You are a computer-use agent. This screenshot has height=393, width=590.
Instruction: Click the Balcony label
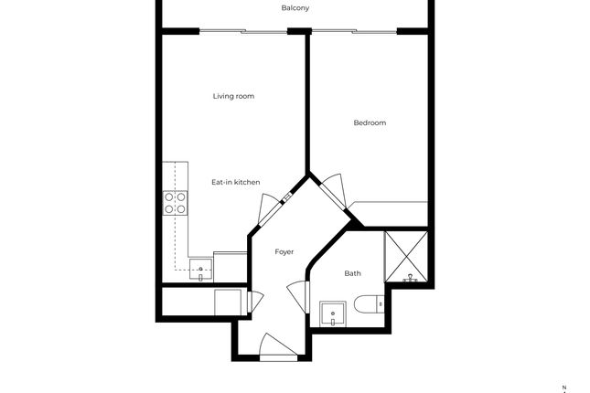click(295, 8)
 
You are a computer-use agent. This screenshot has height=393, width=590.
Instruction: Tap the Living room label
click(233, 96)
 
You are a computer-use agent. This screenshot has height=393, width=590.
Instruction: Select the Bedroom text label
click(370, 122)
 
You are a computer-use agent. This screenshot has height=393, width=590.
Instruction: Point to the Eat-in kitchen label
click(236, 182)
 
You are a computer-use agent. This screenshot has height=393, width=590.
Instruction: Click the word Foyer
click(284, 252)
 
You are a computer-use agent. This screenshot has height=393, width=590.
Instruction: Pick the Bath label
click(352, 273)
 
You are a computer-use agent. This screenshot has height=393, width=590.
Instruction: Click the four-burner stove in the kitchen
click(175, 203)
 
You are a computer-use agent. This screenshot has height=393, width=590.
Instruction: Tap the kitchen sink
click(200, 270)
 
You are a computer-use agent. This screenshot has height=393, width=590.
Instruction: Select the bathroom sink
click(333, 314)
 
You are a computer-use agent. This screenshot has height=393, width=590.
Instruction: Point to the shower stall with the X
click(406, 257)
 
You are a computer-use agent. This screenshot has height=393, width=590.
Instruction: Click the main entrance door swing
click(278, 347)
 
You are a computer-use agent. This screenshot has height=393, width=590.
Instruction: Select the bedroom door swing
click(333, 191)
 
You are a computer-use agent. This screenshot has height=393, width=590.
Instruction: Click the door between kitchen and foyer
click(269, 209)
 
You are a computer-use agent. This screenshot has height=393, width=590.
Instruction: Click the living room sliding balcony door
click(243, 31)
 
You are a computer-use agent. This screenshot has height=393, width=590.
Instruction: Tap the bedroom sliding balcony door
click(354, 31)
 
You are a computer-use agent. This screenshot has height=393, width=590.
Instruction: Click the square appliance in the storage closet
click(228, 302)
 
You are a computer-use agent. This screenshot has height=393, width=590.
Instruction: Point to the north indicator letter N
click(564, 388)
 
